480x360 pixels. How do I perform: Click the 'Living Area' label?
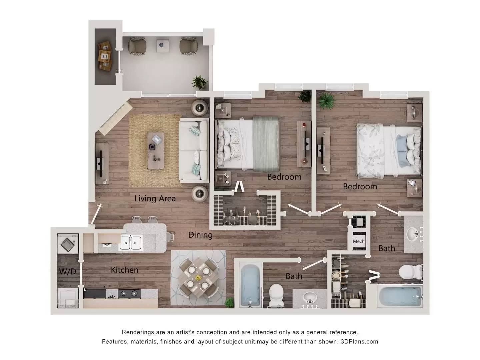click(155, 199)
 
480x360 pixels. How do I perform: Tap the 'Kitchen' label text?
click(124, 270)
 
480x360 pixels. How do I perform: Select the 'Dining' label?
click(200, 235)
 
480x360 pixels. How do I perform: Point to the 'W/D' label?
click(68, 272)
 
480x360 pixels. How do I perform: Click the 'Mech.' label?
click(359, 241)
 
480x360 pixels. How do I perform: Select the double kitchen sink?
click(131, 242)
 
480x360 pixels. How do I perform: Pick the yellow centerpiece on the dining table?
click(198, 277)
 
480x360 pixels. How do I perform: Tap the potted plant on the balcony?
click(199, 82)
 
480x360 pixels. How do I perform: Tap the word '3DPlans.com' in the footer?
click(359, 342)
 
